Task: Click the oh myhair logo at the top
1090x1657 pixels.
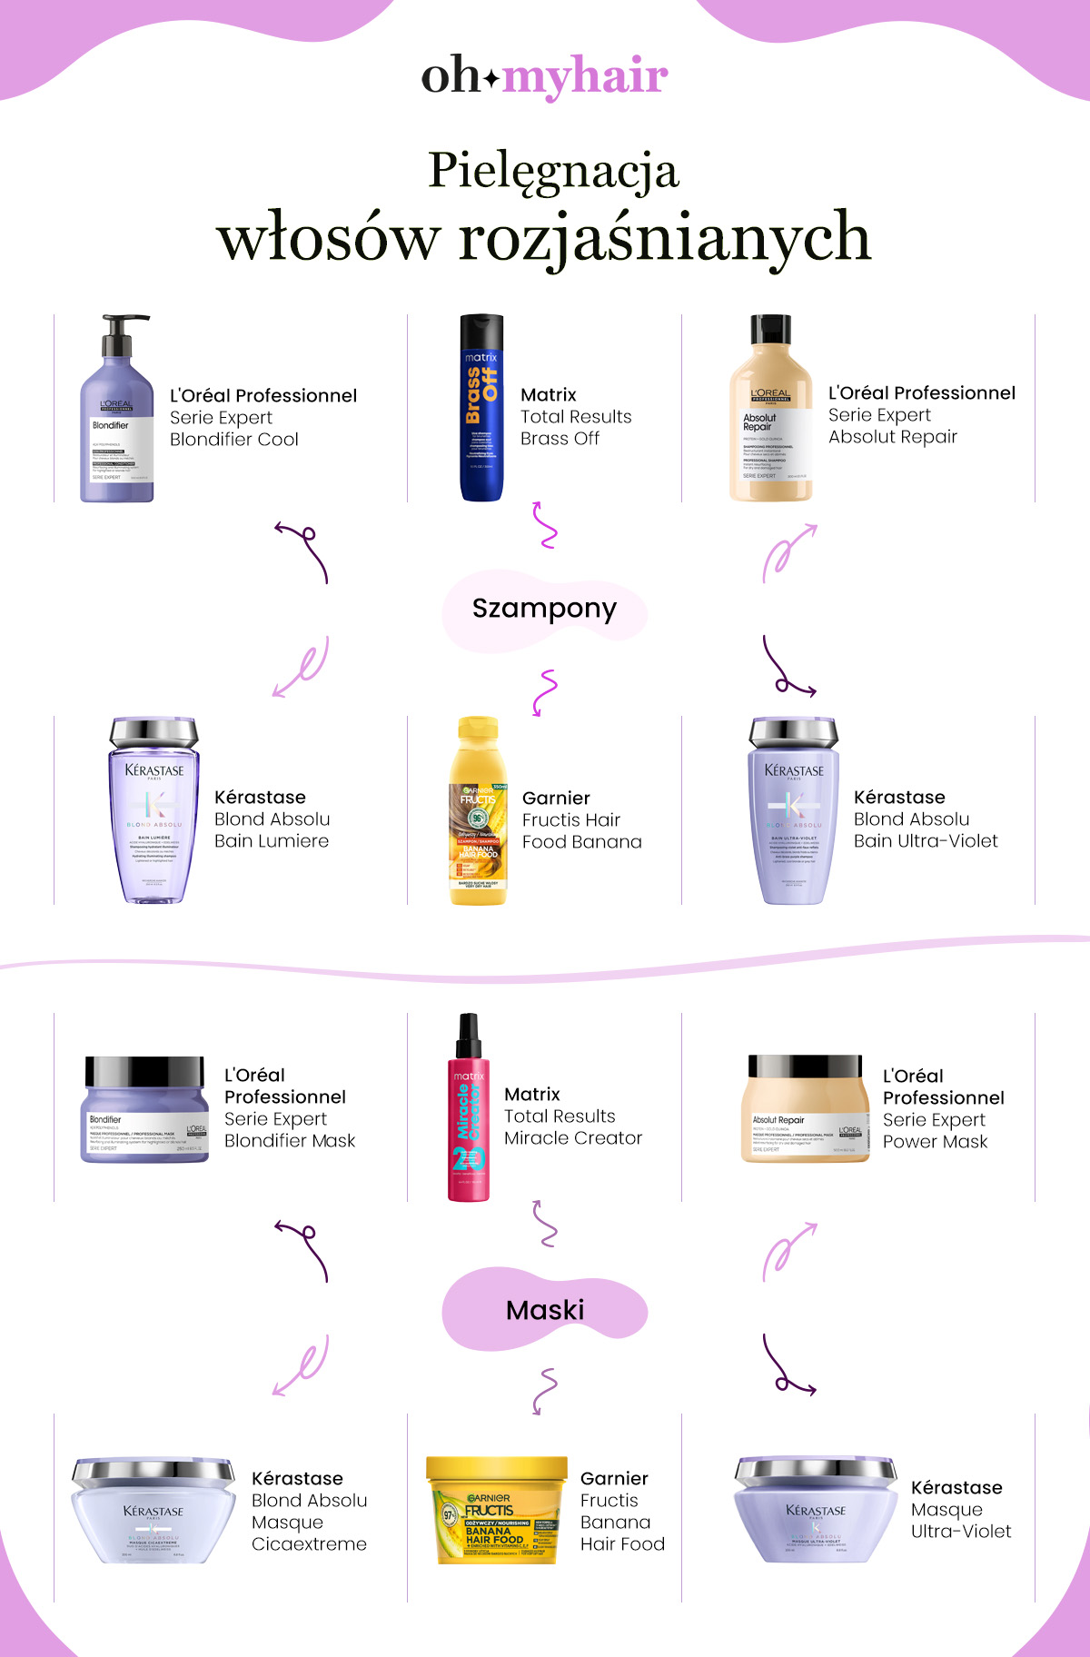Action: [x=544, y=76]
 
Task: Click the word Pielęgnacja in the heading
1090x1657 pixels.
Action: [x=553, y=170]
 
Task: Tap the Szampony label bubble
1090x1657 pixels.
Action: [x=544, y=609]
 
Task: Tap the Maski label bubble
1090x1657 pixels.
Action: [x=545, y=1310]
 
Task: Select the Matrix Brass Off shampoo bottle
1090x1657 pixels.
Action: [x=481, y=409]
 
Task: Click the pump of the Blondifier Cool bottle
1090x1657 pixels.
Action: [x=122, y=332]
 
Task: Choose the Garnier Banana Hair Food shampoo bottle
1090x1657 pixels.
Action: [x=478, y=813]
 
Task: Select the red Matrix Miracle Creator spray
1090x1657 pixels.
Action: [x=469, y=1113]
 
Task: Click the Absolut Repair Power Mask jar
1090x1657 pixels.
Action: [x=803, y=1109]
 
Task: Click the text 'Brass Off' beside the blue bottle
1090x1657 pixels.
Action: [x=560, y=439]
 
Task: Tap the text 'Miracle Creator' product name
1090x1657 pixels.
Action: [x=572, y=1138]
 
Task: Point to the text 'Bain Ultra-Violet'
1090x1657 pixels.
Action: [x=925, y=841]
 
